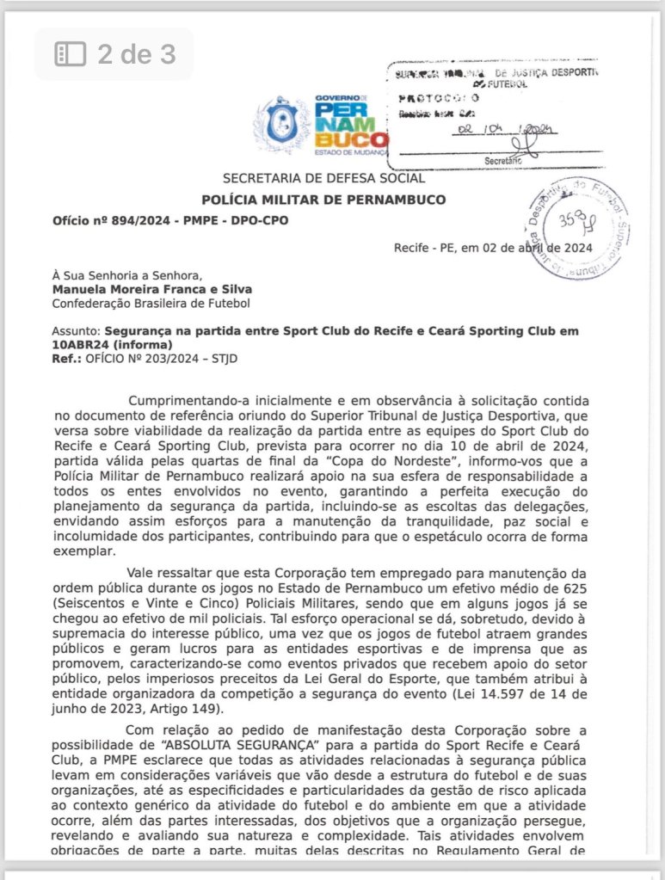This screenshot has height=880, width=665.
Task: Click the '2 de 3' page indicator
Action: [x=114, y=54]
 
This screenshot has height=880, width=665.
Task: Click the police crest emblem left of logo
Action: [x=280, y=126]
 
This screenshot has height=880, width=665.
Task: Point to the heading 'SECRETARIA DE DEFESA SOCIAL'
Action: [x=323, y=179]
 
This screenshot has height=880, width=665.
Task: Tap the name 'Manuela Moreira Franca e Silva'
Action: [x=152, y=289]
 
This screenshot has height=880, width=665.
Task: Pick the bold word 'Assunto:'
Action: [x=77, y=330]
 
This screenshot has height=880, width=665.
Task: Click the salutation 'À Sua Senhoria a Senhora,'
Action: [x=126, y=275]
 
